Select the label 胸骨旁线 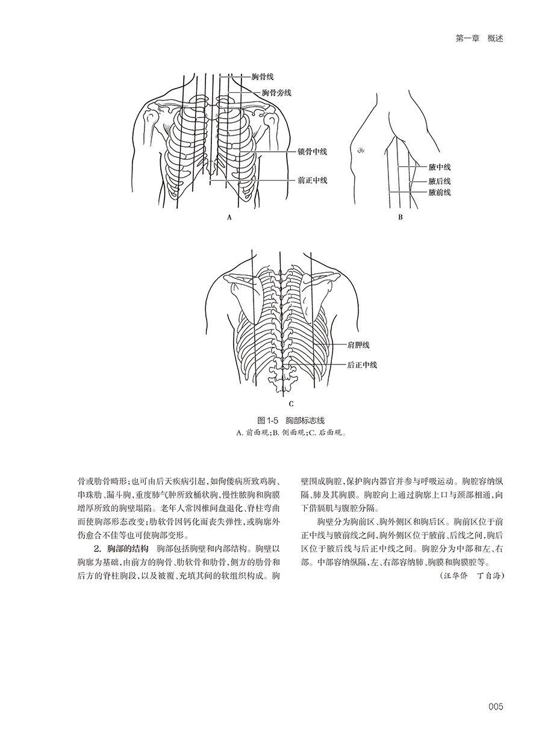coord(276,93)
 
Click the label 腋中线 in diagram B coord(440,167)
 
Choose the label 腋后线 coord(440,181)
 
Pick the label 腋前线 coord(440,193)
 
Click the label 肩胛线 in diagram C coord(358,345)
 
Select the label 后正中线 coord(362,364)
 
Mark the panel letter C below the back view coord(291,404)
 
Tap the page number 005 coord(495,707)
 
